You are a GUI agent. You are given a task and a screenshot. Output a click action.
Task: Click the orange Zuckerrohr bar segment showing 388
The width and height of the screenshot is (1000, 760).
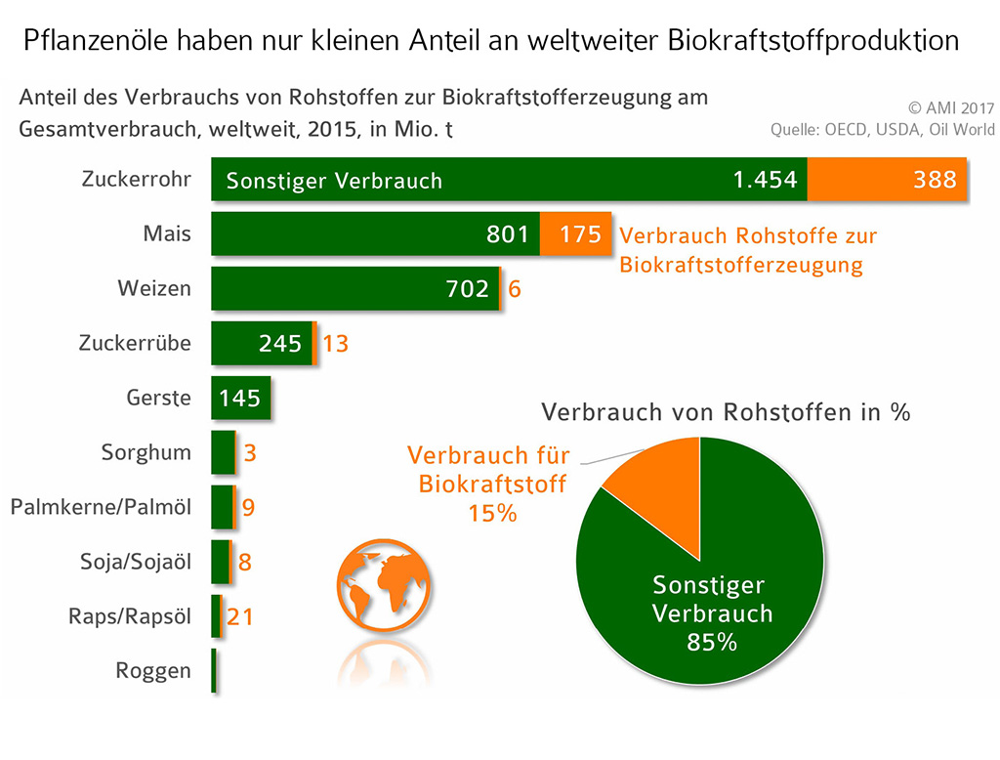coord(887,180)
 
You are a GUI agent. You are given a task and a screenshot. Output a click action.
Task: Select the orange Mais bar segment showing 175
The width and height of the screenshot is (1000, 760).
coord(576,234)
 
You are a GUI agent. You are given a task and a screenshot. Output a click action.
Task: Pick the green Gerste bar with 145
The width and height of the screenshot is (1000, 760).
coord(240,398)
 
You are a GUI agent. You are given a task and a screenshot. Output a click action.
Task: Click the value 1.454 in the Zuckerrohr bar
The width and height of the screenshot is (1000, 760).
coord(766,180)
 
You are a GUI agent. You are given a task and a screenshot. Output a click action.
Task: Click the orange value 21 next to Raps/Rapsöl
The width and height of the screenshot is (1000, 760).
coord(240,616)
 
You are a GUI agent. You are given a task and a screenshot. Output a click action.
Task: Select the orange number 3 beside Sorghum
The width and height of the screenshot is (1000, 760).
coord(250,453)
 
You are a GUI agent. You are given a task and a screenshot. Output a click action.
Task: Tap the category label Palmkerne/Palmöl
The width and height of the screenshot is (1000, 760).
coord(101,508)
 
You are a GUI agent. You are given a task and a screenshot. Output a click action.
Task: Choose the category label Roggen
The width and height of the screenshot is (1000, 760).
coord(153,671)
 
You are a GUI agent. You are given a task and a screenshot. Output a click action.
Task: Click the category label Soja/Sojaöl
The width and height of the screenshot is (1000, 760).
coord(136,562)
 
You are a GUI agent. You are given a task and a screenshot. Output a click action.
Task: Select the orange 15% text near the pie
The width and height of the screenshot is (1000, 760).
coord(492,512)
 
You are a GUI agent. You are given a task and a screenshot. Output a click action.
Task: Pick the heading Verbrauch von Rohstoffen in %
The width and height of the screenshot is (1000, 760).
coord(726,412)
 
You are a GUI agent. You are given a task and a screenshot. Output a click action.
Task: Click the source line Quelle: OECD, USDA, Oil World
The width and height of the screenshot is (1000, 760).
coord(882,130)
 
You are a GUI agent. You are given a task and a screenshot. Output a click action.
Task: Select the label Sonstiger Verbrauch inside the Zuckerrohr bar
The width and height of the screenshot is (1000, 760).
coord(334,181)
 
